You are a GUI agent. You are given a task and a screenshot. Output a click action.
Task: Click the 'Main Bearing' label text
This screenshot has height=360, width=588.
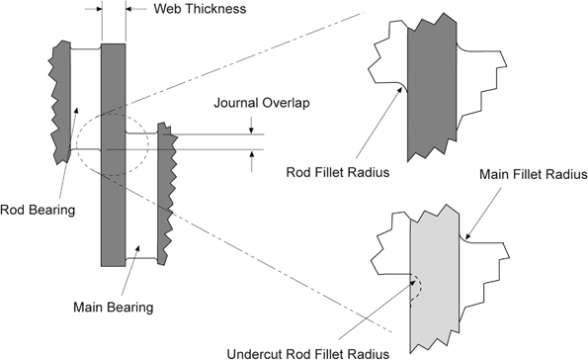[x=113, y=308]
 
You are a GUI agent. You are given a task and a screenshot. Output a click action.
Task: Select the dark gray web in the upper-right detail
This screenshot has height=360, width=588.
[x=433, y=89]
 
